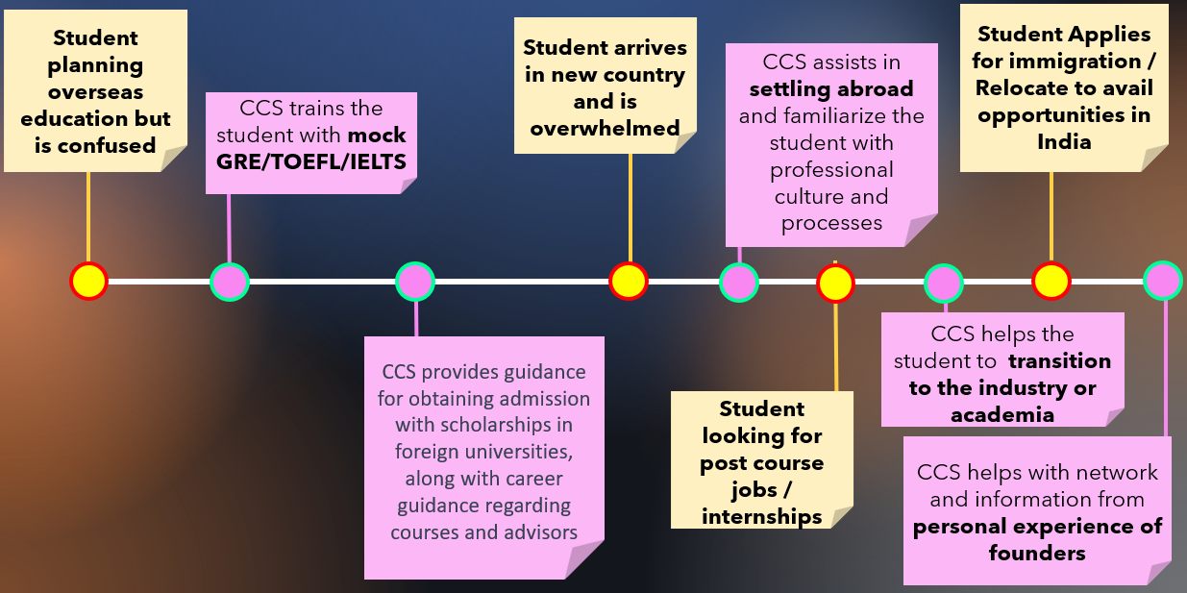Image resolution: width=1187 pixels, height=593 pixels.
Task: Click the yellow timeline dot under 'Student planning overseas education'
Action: (88, 282)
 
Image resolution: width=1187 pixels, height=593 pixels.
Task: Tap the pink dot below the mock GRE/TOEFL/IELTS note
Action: (230, 282)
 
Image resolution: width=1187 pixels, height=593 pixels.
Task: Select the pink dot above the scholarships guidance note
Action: (415, 282)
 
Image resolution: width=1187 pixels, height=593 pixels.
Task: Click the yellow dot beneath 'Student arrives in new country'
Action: (629, 282)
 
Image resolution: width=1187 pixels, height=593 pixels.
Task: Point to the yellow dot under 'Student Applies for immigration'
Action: (1051, 282)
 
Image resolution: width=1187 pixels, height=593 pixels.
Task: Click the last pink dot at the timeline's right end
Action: (1163, 281)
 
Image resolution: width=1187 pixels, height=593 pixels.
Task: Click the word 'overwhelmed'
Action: (605, 128)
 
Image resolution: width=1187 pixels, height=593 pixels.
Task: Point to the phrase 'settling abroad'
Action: (831, 89)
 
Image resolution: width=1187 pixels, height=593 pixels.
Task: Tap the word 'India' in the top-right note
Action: (1064, 141)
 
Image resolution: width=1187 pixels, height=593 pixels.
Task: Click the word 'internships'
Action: (761, 516)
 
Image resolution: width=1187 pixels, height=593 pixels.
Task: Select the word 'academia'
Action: (1002, 415)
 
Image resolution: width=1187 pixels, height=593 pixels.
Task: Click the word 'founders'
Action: (1037, 553)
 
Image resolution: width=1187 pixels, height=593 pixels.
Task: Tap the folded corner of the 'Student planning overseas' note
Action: (174, 159)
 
